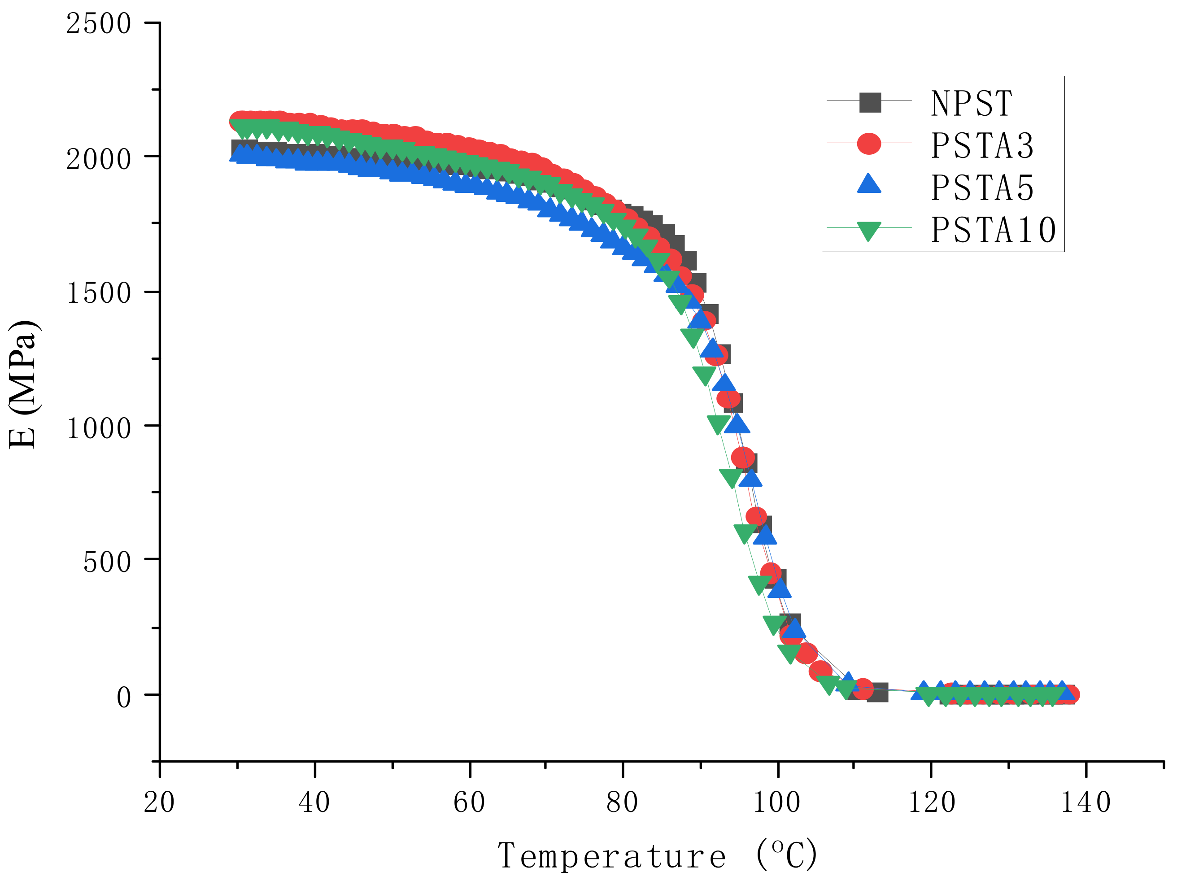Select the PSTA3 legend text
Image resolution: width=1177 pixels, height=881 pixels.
coord(982,145)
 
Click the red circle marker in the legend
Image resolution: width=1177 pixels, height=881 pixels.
coord(869,143)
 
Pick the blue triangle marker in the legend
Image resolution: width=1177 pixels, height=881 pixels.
coord(869,184)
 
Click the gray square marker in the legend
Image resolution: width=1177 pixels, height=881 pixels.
coord(870,102)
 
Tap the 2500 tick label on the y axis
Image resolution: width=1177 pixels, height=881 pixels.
coord(98,24)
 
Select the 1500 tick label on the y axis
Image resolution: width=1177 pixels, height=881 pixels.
coord(98,292)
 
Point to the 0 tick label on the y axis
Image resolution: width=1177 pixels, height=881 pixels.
coord(123,697)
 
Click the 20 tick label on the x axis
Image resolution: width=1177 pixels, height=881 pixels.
coord(159,802)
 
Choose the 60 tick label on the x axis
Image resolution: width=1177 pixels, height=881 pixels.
coord(469,802)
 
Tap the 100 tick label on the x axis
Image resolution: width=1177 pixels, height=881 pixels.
coord(776,802)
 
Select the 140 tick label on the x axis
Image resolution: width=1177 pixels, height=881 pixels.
coord(1085,802)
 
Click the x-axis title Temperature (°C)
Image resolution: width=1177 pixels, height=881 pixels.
coord(657,855)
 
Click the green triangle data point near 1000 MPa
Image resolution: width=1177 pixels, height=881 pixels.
coord(718,424)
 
